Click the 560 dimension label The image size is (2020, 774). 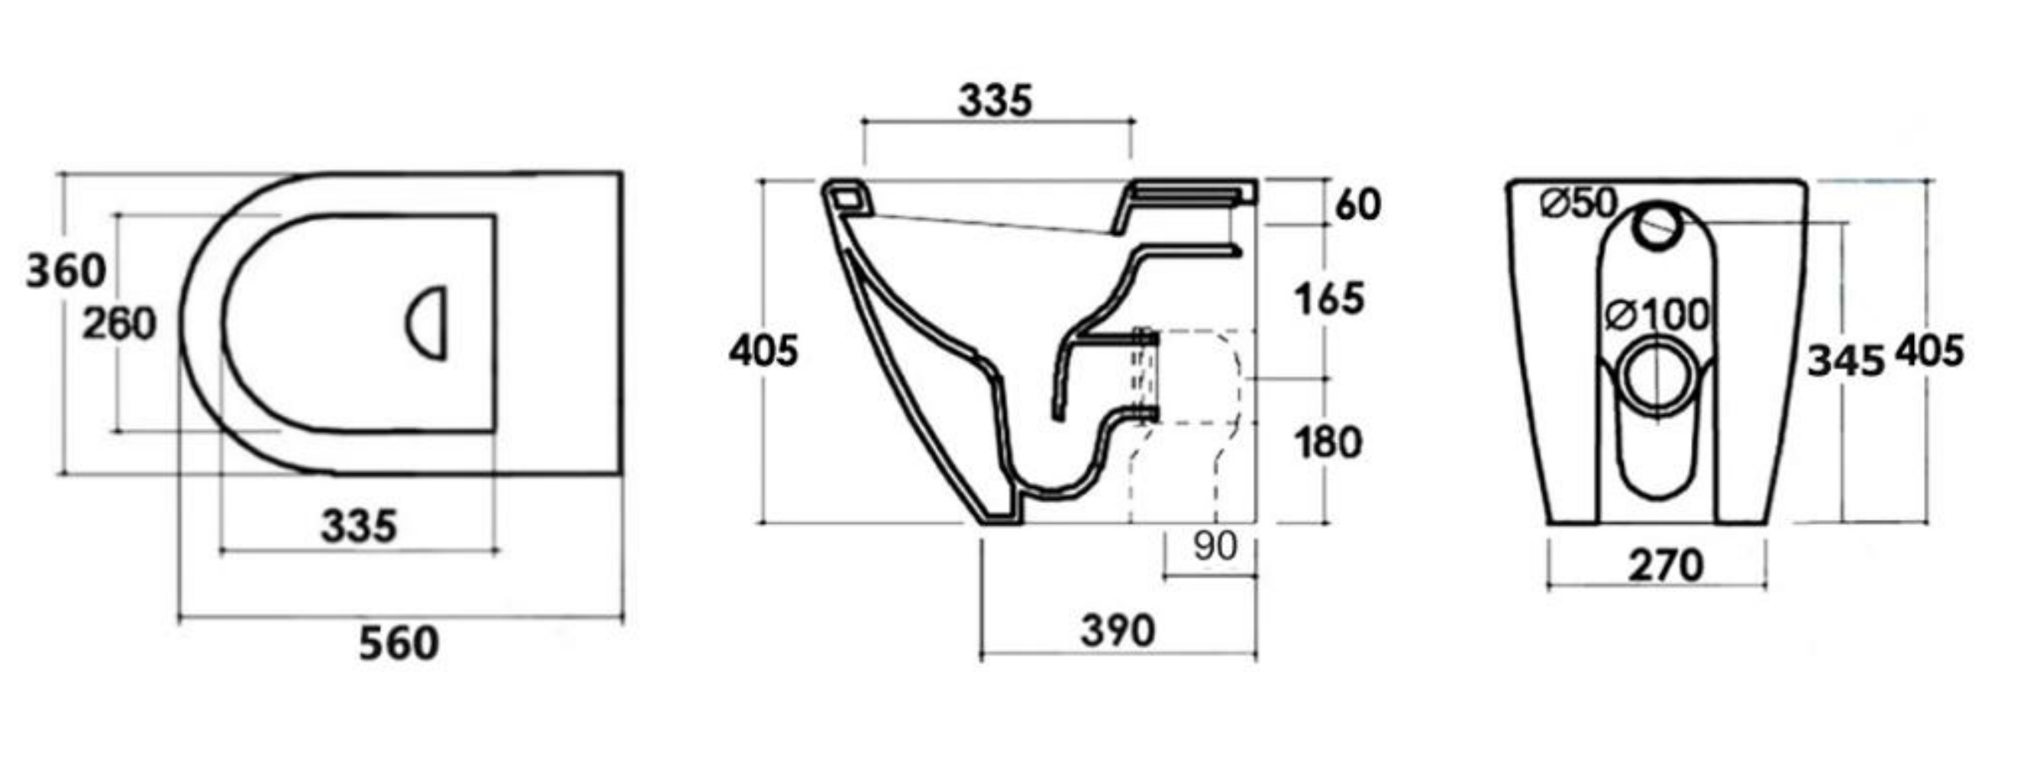coord(399,644)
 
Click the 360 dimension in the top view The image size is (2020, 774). coord(66,272)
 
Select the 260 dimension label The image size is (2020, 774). coord(119,324)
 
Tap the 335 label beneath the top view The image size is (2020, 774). coord(359,527)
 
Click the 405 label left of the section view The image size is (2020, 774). coord(763,350)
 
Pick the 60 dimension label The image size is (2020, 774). coord(1357,205)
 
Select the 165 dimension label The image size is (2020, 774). coord(1329,299)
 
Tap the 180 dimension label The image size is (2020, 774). coord(1328,443)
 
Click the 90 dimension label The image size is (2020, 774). coord(1215,547)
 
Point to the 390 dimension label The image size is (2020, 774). coord(1118,631)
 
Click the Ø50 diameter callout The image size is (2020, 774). coord(1579,204)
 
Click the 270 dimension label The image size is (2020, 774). coord(1666,566)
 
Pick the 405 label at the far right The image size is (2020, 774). coord(1929,351)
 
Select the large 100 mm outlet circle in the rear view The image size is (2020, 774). coord(1655,375)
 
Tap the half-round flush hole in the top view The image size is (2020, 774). coord(429,323)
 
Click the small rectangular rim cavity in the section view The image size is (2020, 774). coord(845,197)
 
